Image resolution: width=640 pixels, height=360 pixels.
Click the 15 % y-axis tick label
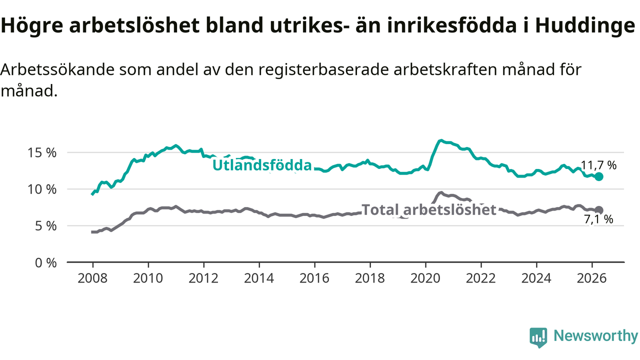tap(42, 153)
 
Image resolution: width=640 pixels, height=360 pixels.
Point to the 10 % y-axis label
tap(42, 189)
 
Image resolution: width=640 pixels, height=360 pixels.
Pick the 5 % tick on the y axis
tap(45, 226)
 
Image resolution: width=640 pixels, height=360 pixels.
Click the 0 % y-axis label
tap(45, 262)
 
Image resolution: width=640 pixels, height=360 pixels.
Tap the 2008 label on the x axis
tap(92, 278)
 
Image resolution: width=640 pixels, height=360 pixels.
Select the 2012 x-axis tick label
tap(203, 278)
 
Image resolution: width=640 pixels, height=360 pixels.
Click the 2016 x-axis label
tap(314, 278)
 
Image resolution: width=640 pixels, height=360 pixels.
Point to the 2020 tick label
tap(425, 278)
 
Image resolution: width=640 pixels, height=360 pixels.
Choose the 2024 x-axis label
tap(536, 278)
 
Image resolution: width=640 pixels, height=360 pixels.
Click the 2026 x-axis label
tap(591, 278)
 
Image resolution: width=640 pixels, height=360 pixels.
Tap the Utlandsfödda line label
tap(262, 165)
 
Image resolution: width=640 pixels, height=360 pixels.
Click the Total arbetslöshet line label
tap(428, 209)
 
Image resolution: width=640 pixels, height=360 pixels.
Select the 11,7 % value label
tap(598, 165)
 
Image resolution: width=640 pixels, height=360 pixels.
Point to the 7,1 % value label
tap(598, 219)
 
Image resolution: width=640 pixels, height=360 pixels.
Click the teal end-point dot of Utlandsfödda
tap(599, 176)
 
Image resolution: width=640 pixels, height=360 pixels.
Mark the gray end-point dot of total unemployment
tap(599, 210)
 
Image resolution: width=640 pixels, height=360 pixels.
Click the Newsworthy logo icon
tap(538, 337)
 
